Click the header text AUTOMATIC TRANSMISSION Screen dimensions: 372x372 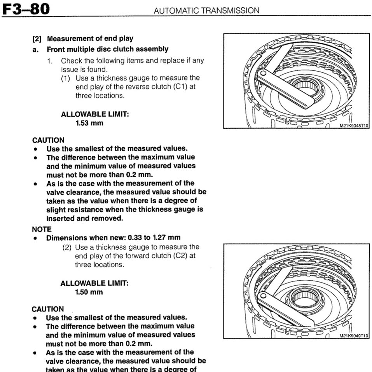(206, 10)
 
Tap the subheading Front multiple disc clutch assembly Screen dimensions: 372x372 (108, 49)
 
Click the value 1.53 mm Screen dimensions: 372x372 (89, 123)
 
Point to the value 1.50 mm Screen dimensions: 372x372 (89, 292)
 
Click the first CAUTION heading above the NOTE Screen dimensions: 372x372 (48, 140)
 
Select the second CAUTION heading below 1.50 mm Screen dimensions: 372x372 (48, 309)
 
